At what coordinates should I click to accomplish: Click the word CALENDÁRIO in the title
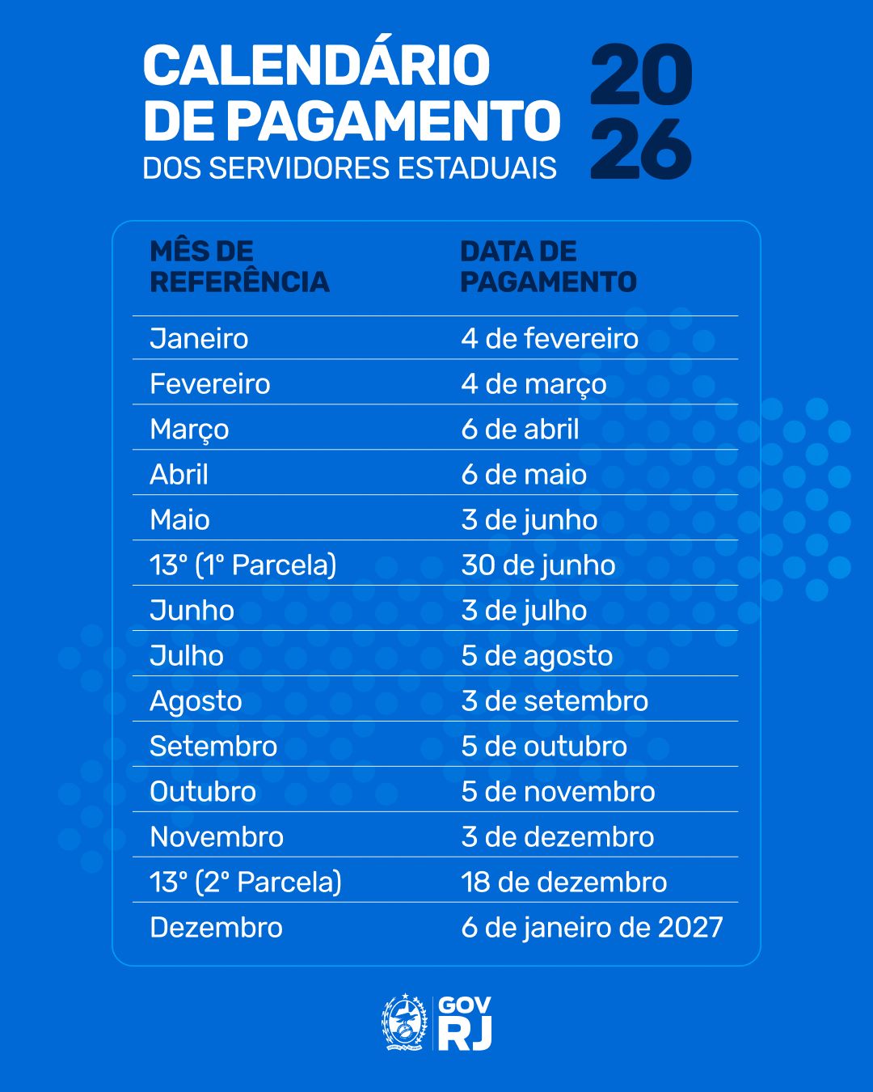[x=316, y=66]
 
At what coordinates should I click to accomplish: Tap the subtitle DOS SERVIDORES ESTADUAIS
[x=349, y=168]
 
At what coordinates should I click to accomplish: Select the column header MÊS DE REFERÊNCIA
[x=239, y=266]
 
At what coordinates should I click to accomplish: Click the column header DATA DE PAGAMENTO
[x=548, y=266]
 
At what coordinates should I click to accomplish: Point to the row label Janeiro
[x=199, y=338]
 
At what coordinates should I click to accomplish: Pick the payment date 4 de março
[x=533, y=384]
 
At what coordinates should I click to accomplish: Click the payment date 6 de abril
[x=520, y=429]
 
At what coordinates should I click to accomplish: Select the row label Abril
[x=179, y=474]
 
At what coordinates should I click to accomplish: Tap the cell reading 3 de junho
[x=529, y=519]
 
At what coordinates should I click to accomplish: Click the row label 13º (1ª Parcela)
[x=242, y=565]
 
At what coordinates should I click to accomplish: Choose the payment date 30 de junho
[x=538, y=565]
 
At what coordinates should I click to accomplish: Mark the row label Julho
[x=187, y=655]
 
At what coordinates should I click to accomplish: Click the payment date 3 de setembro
[x=555, y=700]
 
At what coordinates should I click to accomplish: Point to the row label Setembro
[x=213, y=746]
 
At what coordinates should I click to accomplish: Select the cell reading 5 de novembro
[x=558, y=791]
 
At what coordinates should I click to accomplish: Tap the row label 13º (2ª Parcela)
[x=246, y=882]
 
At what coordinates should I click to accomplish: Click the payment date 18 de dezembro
[x=564, y=882]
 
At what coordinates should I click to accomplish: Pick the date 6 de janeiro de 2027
[x=592, y=927]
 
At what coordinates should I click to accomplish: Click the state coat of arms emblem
[x=404, y=1022]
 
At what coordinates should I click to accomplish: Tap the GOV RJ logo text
[x=465, y=1023]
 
